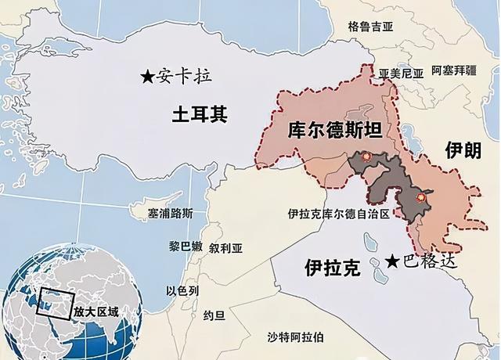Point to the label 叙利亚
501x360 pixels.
(226, 245)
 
